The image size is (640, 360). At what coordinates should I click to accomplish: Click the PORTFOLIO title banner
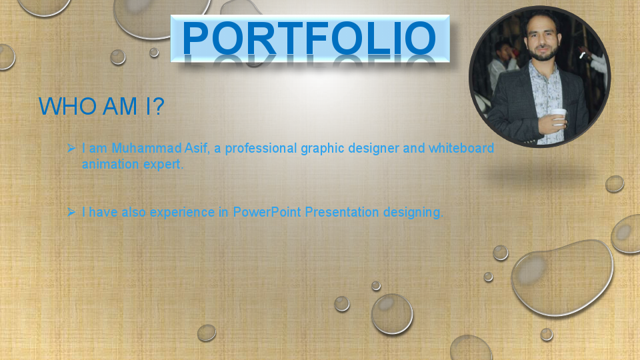pos(310,38)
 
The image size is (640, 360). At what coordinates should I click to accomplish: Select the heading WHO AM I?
pos(101,107)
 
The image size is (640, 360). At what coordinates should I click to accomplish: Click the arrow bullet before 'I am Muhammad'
pos(71,147)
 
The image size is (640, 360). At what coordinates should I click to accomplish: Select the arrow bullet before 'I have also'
pos(71,212)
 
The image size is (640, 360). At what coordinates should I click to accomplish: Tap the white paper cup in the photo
pos(559,116)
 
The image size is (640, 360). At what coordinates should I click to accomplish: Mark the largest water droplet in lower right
pos(562,277)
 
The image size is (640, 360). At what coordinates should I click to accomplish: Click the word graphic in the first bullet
pos(323,148)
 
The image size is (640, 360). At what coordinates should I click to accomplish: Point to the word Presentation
pos(342,213)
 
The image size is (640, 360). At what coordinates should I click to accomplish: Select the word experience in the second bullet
pos(182,213)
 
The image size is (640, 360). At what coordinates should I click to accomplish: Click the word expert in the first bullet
pos(163,164)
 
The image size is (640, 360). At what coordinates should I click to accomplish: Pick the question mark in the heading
pos(158,107)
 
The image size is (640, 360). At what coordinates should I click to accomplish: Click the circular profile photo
pos(539,76)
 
